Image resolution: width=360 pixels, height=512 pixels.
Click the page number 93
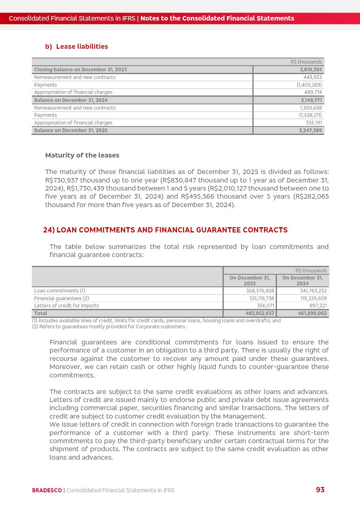click(320, 490)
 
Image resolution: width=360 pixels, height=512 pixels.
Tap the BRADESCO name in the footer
click(47, 490)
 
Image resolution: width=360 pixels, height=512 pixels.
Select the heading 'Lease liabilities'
click(82, 47)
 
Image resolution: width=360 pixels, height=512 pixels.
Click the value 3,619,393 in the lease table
click(311, 70)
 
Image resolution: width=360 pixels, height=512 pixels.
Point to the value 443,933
click(312, 77)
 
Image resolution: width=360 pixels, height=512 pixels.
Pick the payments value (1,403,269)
click(309, 85)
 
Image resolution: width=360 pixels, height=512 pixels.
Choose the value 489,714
click(313, 92)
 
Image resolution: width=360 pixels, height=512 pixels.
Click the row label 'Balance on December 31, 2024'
click(71, 100)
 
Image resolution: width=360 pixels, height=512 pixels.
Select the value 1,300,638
click(311, 108)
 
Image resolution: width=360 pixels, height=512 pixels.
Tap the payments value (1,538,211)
click(310, 115)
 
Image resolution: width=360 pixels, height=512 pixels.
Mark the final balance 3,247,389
click(311, 131)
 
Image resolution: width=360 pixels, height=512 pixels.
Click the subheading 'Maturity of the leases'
click(82, 155)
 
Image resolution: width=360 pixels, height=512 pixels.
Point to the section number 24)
click(49, 230)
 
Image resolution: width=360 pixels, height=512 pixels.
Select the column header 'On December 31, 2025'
click(250, 280)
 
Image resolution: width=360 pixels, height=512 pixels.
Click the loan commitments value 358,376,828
click(260, 291)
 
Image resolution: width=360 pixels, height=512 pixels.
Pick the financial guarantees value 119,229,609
click(313, 298)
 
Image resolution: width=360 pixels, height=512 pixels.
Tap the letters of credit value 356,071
click(265, 306)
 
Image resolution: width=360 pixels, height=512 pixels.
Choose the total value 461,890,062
click(313, 313)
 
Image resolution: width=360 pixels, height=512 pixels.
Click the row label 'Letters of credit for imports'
click(67, 306)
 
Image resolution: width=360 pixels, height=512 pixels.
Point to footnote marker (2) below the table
click(35, 327)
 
